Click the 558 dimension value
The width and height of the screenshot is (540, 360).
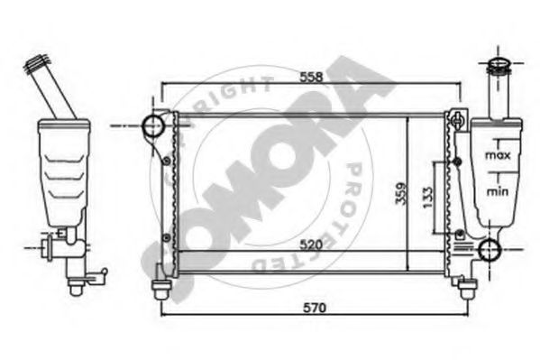point(311,77)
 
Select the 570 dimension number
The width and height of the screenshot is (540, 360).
point(315,308)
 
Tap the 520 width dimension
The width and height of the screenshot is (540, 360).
point(311,245)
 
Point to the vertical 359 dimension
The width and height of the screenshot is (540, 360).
point(401,193)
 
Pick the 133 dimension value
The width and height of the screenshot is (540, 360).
point(427,198)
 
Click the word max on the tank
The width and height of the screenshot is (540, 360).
point(498,155)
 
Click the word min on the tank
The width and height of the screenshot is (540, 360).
point(497,191)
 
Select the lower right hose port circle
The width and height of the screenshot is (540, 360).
point(490,250)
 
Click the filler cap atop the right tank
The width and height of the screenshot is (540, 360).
point(498,66)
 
